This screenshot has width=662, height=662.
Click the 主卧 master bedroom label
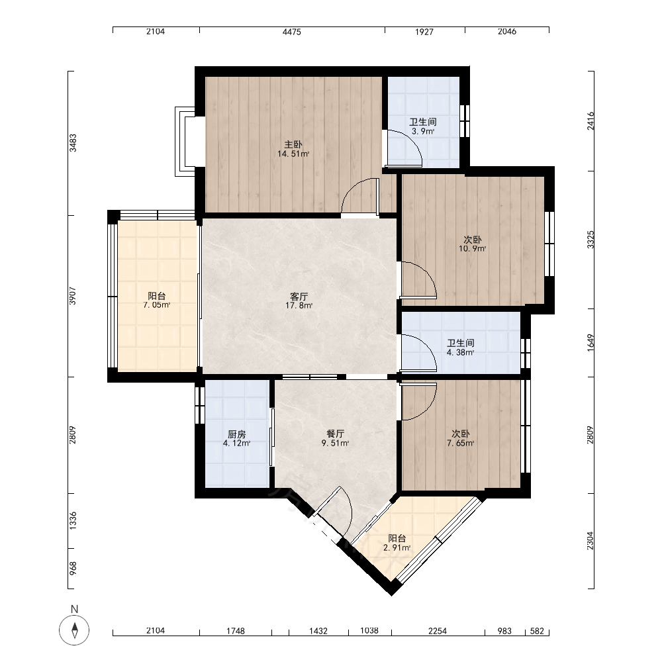coord(293,145)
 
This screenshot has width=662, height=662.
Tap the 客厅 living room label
coord(299,297)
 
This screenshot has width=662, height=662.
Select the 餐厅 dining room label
coord(335,434)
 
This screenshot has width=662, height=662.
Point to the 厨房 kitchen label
coord(236,434)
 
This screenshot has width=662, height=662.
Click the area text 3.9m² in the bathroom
coord(423,131)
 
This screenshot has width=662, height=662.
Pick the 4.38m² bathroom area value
coord(460,353)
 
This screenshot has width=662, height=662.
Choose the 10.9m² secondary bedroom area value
coord(473,249)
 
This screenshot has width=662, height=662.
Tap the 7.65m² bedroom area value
coord(460,444)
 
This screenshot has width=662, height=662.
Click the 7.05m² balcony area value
coord(157,305)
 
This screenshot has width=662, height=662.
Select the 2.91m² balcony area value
coord(397,548)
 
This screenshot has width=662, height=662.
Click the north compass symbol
coord(74,630)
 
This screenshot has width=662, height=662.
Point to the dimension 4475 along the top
coord(292,32)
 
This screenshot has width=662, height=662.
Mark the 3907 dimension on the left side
coord(73,296)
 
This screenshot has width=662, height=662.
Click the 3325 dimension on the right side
coord(591,240)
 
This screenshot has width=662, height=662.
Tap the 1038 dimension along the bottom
coord(369,630)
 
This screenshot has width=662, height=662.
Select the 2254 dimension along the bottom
coord(438,631)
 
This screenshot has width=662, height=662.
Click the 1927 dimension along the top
coord(424,32)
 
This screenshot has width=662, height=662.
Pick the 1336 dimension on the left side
coord(73,520)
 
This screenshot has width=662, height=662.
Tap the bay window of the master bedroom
coord(185,142)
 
